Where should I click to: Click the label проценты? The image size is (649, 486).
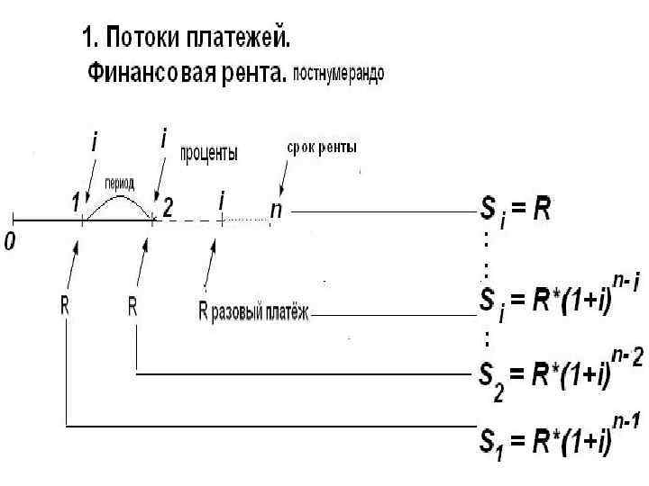[x=210, y=154]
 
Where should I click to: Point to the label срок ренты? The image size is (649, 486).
[x=322, y=147]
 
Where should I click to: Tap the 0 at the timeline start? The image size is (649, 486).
[x=10, y=243]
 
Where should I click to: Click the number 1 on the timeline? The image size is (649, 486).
[x=77, y=204]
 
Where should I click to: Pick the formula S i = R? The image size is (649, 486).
[x=513, y=212]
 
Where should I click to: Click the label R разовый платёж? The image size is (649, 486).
[x=252, y=312]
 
